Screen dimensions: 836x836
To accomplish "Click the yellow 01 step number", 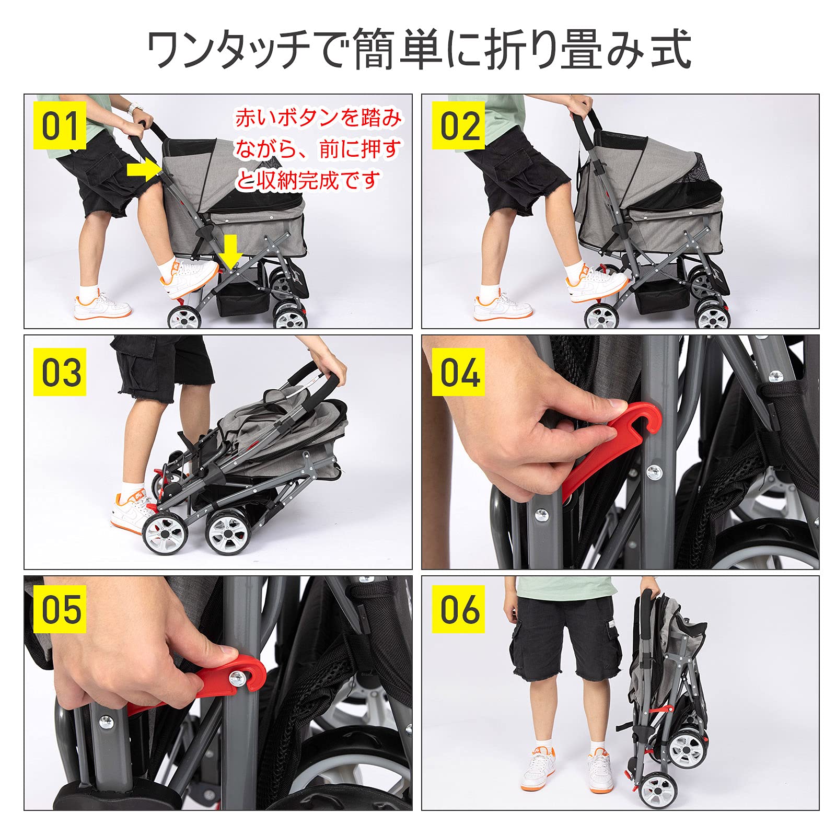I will pos(60,126).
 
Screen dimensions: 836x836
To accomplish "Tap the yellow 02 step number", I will pos(458,126).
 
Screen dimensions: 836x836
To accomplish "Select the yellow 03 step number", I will pos(60,371).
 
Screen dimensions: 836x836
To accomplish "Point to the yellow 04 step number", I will pos(458,371).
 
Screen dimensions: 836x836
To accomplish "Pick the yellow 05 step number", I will pos(60,609).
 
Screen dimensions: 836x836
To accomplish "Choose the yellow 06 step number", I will pos(458,609).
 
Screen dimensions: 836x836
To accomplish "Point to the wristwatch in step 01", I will pos(135,108).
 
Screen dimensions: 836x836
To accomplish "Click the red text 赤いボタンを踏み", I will pos(318,118).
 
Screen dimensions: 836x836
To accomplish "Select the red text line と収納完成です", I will pos(307,181).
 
